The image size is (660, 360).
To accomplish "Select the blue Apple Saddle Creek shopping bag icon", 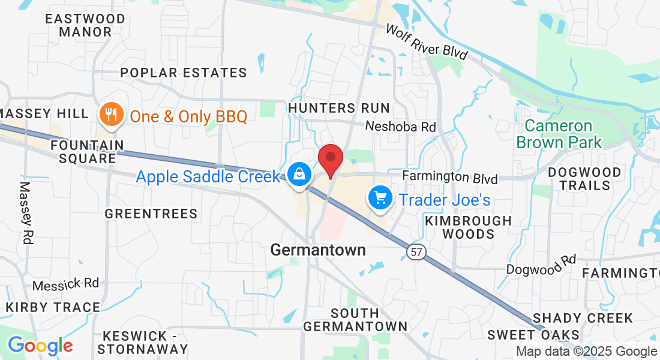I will point(299,175).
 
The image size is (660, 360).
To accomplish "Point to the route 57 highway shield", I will point(415,252).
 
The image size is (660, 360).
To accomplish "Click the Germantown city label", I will point(318,250).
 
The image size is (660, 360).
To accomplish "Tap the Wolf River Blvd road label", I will point(426,41).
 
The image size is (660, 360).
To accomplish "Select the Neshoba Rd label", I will point(400,127).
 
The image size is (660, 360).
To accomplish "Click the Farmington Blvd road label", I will point(450,178).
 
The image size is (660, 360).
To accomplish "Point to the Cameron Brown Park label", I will point(559,134).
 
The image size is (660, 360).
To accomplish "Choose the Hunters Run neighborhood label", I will point(339,108).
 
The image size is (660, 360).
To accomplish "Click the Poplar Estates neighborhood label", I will point(184,73).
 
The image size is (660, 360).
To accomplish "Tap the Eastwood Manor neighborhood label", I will point(85,25).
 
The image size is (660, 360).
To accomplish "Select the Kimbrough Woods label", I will point(469,227).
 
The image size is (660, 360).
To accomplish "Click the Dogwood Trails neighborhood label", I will point(584,179).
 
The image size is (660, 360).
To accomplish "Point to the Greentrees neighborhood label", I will point(151,214).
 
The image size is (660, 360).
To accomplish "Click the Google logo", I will point(40,346).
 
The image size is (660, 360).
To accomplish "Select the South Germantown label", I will point(355,320).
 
